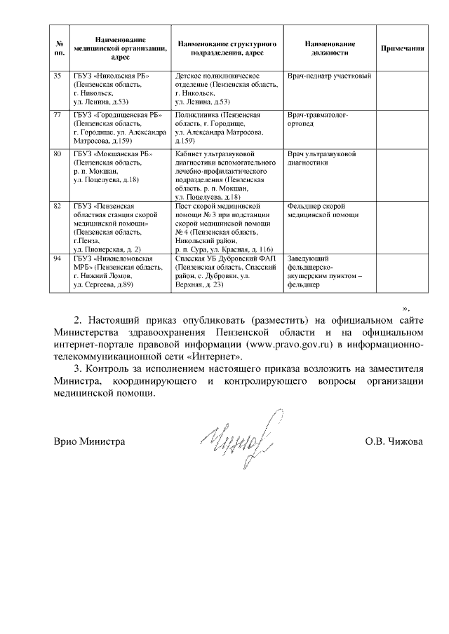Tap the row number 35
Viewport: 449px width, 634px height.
(x=59, y=75)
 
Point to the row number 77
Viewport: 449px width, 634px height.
(x=59, y=114)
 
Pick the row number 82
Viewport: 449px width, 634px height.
(x=59, y=207)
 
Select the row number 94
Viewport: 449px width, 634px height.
(x=59, y=259)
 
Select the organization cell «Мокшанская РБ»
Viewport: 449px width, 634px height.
(x=111, y=167)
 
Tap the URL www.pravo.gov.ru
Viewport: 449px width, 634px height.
(x=317, y=345)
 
